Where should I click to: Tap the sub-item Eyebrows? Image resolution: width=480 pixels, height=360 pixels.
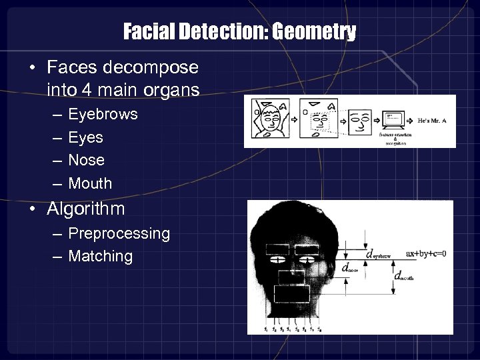click(x=103, y=114)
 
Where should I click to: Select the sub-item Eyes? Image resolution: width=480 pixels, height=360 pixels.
click(x=86, y=137)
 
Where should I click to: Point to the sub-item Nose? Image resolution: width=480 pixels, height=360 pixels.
click(x=87, y=160)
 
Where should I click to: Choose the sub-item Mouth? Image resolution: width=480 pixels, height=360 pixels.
click(x=90, y=183)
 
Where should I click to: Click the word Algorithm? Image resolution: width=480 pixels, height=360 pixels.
click(x=86, y=209)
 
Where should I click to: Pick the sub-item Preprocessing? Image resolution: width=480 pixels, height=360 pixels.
click(x=119, y=233)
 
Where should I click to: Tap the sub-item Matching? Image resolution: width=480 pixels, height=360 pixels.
click(x=101, y=256)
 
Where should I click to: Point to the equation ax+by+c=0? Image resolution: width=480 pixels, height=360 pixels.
click(x=425, y=253)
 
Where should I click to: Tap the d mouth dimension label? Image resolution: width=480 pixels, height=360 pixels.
click(x=403, y=275)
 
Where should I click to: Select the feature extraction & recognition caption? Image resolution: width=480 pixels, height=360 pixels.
click(x=396, y=138)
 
